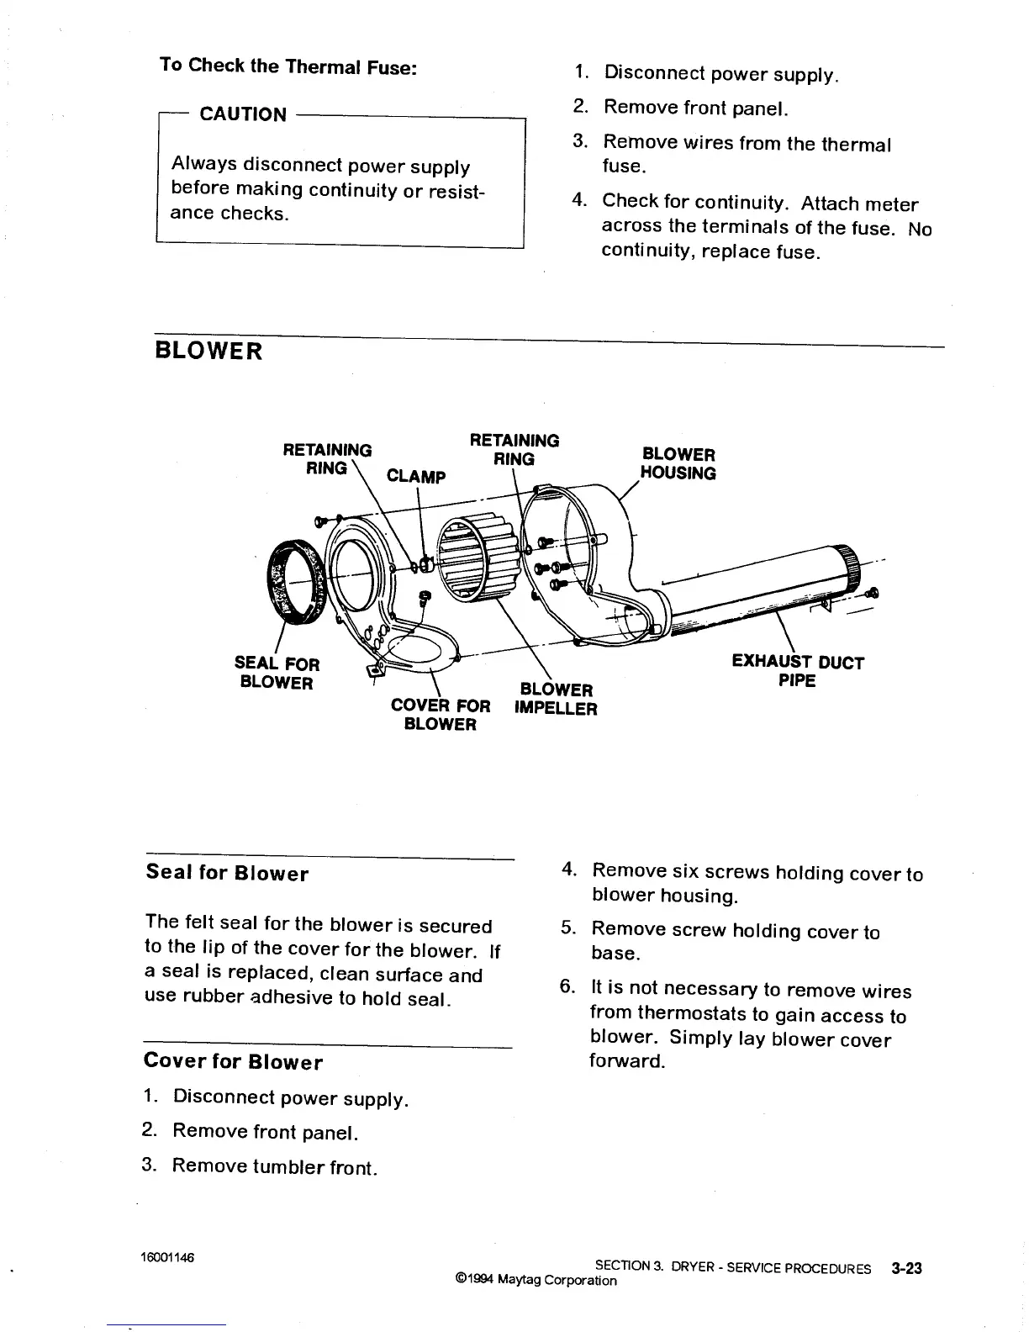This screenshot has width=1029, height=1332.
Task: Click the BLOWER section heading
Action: pyautogui.click(x=208, y=351)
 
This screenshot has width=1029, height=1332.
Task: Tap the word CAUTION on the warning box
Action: pyautogui.click(x=242, y=114)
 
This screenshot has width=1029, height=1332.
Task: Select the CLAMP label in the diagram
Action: pyautogui.click(x=415, y=477)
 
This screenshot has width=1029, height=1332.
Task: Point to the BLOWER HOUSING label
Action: pyautogui.click(x=678, y=463)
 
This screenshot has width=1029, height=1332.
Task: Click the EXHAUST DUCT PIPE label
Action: pyautogui.click(x=797, y=671)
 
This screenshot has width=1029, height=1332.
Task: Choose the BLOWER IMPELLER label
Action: pyautogui.click(x=556, y=700)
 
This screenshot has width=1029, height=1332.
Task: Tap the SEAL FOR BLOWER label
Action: pyautogui.click(x=277, y=674)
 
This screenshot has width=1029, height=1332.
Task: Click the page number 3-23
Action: pyautogui.click(x=906, y=1268)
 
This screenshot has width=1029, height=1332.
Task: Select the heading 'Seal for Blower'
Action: pyautogui.click(x=227, y=873)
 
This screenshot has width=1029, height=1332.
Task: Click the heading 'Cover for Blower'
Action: pyautogui.click(x=233, y=1061)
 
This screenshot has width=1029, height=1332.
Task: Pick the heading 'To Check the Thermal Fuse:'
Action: pyautogui.click(x=288, y=66)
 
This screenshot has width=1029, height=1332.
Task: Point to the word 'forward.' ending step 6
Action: pyautogui.click(x=627, y=1061)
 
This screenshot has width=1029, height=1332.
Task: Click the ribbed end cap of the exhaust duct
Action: pyautogui.click(x=848, y=566)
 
